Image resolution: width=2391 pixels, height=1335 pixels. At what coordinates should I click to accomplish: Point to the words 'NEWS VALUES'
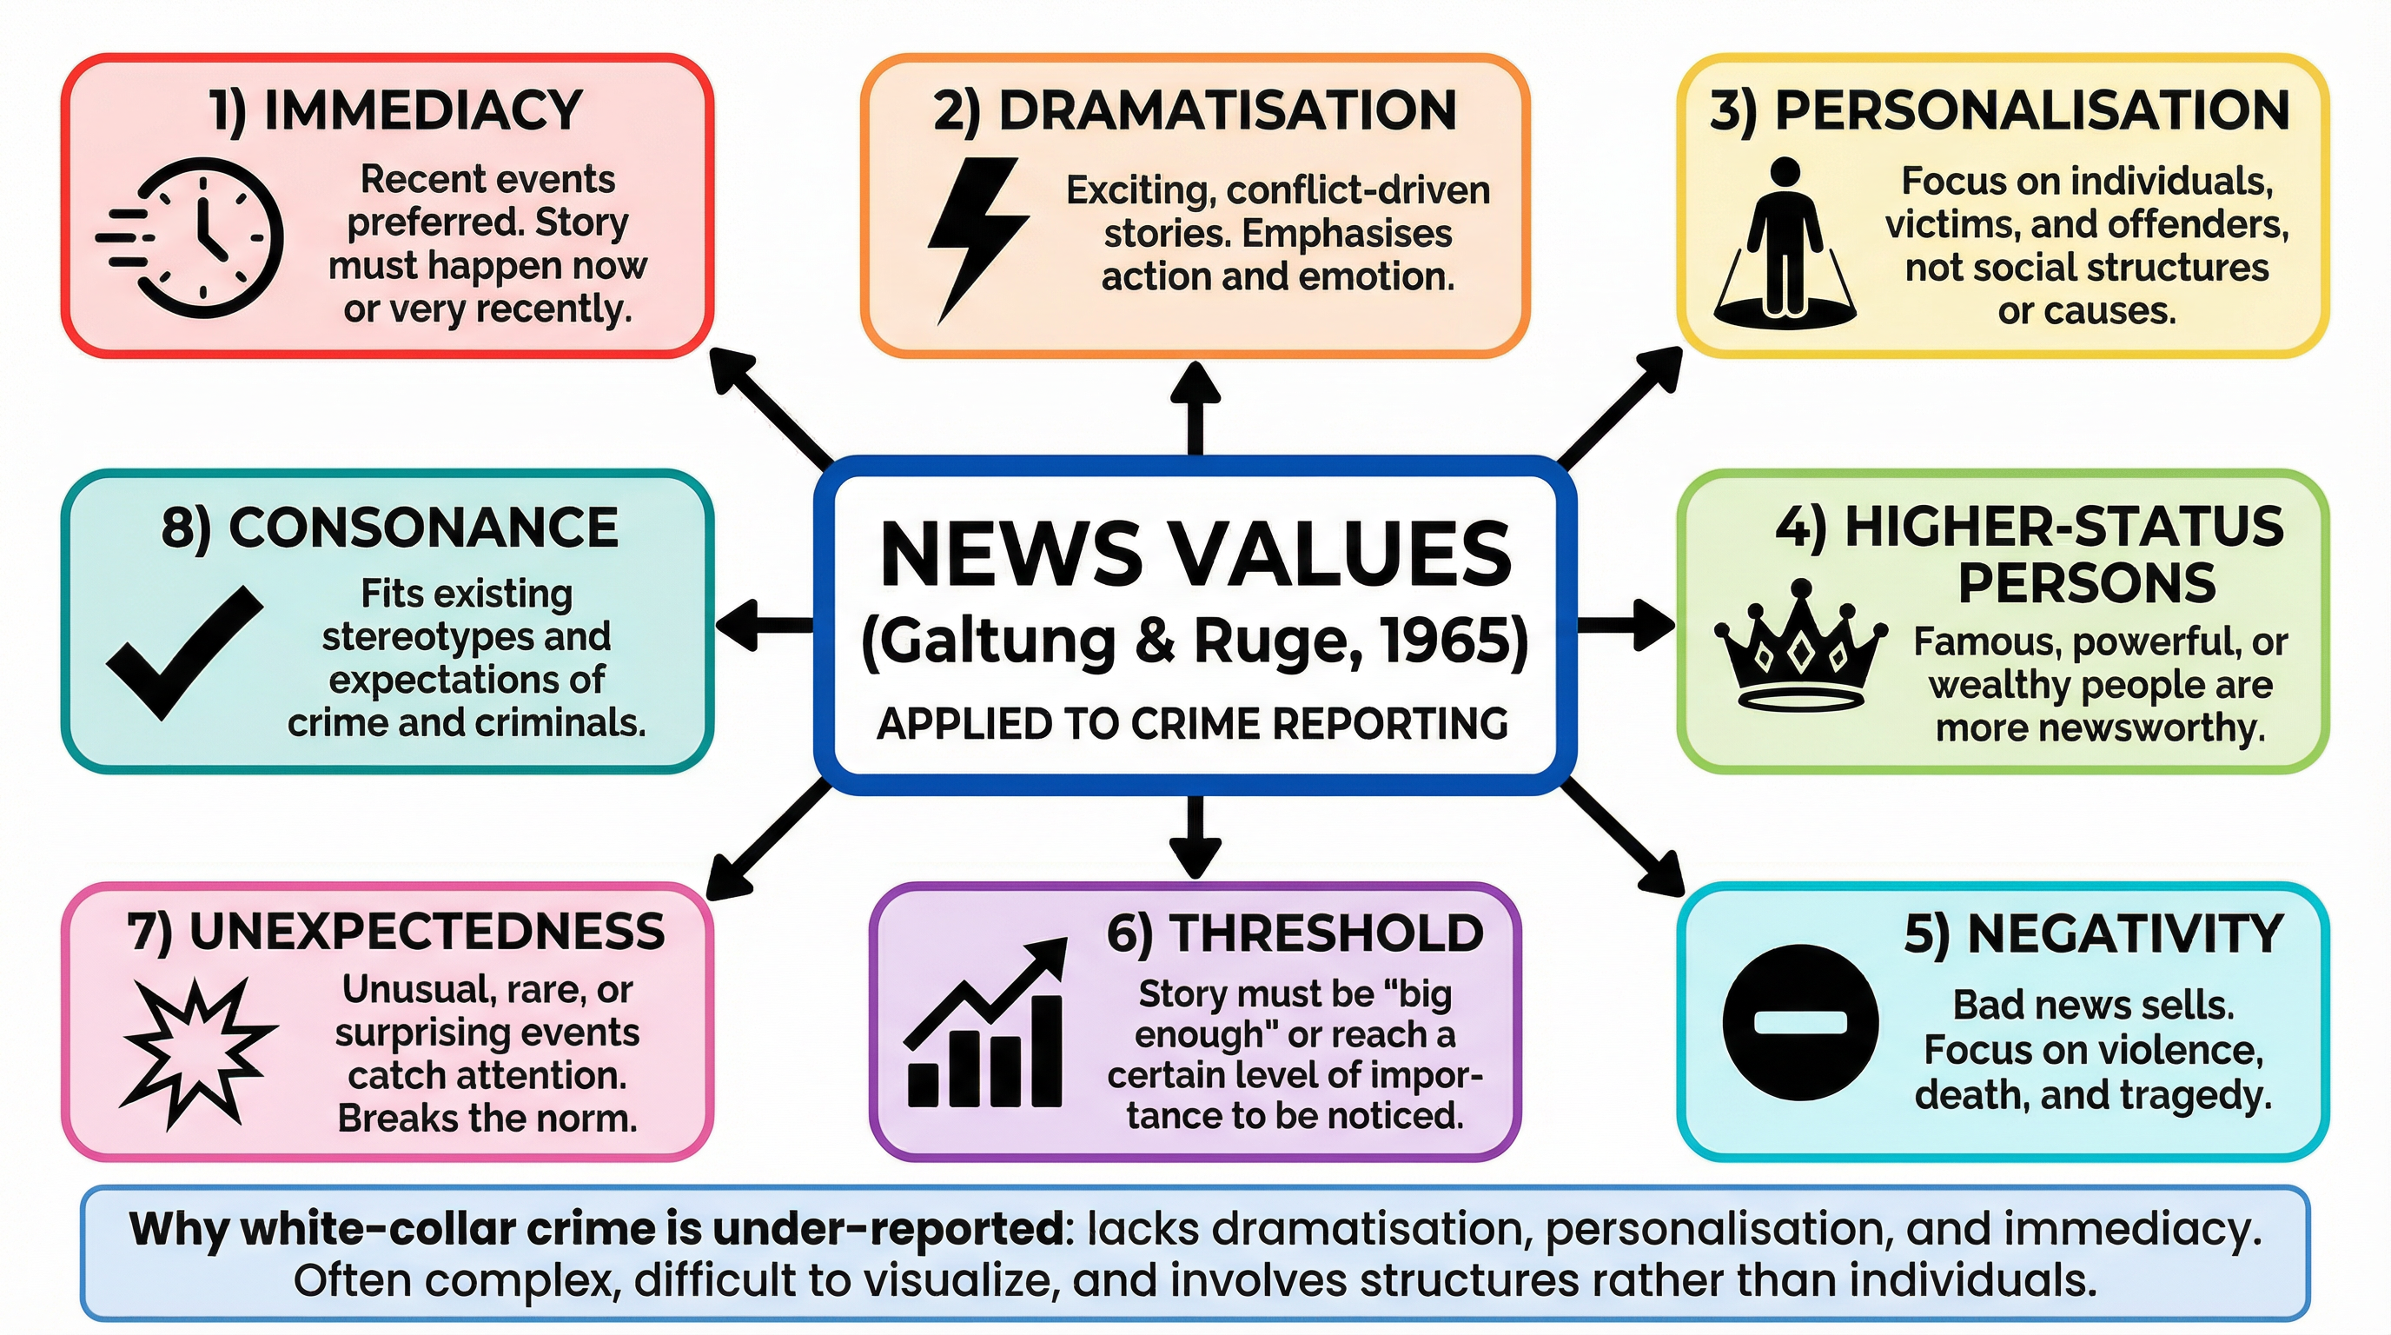click(x=1195, y=555)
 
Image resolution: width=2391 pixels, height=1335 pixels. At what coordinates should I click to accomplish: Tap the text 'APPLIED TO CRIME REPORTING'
click(x=1193, y=724)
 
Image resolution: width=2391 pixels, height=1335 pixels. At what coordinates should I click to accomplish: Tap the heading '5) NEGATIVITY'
click(x=2093, y=934)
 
